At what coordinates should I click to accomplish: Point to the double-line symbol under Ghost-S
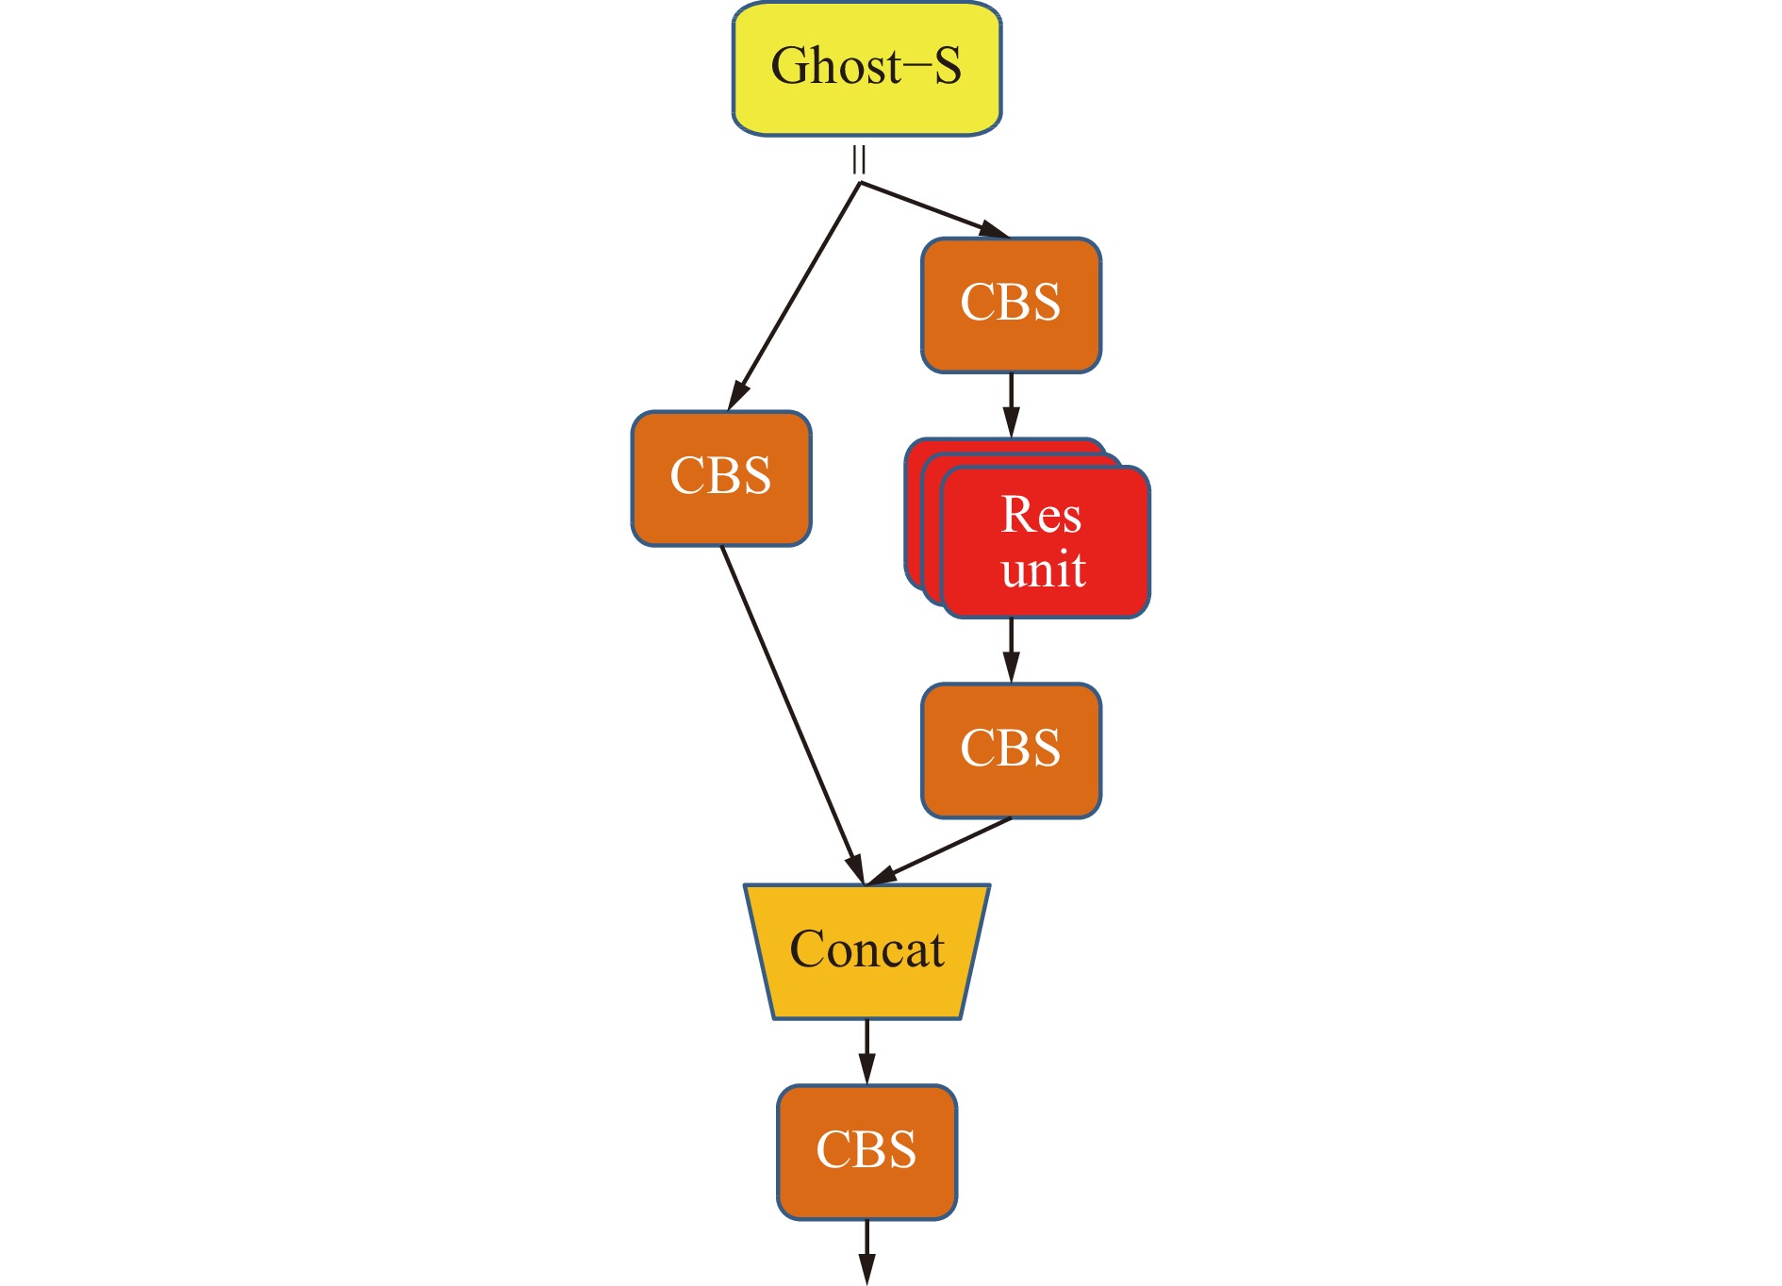coord(859,160)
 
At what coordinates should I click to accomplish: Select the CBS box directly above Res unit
coord(1011,305)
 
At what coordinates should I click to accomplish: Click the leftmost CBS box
coord(721,478)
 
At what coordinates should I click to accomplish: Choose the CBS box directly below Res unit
coord(1011,750)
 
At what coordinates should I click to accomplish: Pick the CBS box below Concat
coord(866,1151)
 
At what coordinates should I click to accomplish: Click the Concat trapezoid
coord(866,950)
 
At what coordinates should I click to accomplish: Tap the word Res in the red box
coord(1041,515)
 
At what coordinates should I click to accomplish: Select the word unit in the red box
coord(1043,569)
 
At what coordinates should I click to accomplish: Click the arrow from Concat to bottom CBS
coord(866,1051)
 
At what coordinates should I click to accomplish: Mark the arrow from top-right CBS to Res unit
coord(1011,405)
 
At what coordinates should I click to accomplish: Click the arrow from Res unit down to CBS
coord(1011,651)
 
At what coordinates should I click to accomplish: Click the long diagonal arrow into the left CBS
coord(795,295)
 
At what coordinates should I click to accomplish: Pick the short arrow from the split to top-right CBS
coord(933,209)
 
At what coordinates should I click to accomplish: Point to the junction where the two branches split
coord(860,183)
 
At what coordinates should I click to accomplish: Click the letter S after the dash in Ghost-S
coord(947,66)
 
